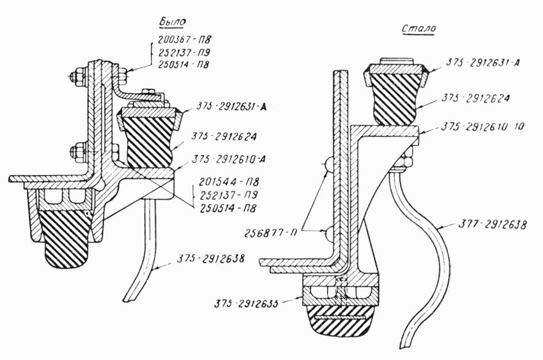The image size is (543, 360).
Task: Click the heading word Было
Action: click(172, 21)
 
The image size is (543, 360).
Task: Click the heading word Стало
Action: click(419, 28)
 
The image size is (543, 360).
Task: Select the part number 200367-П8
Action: click(184, 39)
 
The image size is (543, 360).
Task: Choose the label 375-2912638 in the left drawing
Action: click(211, 259)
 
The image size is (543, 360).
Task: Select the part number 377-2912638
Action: click(493, 224)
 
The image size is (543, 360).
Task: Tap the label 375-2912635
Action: click(246, 304)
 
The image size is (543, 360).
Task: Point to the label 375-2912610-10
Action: click(482, 126)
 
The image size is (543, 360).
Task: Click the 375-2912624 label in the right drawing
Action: click(475, 98)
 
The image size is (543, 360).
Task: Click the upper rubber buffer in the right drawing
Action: click(395, 99)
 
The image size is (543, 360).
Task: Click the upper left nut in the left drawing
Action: click(76, 76)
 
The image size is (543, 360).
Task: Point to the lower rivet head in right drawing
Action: click(328, 232)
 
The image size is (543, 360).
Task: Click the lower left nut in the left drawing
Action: click(76, 152)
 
